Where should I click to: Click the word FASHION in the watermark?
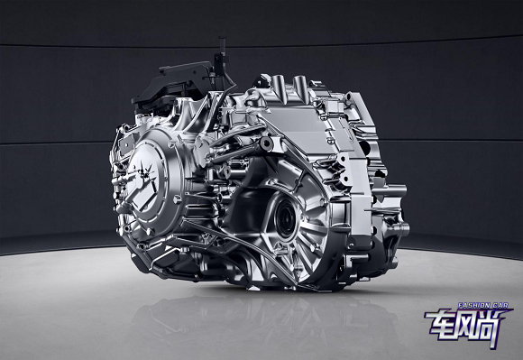[473, 305]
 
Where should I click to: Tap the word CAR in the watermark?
[500, 305]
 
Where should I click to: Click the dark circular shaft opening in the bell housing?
[285, 218]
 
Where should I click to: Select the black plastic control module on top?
[173, 85]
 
